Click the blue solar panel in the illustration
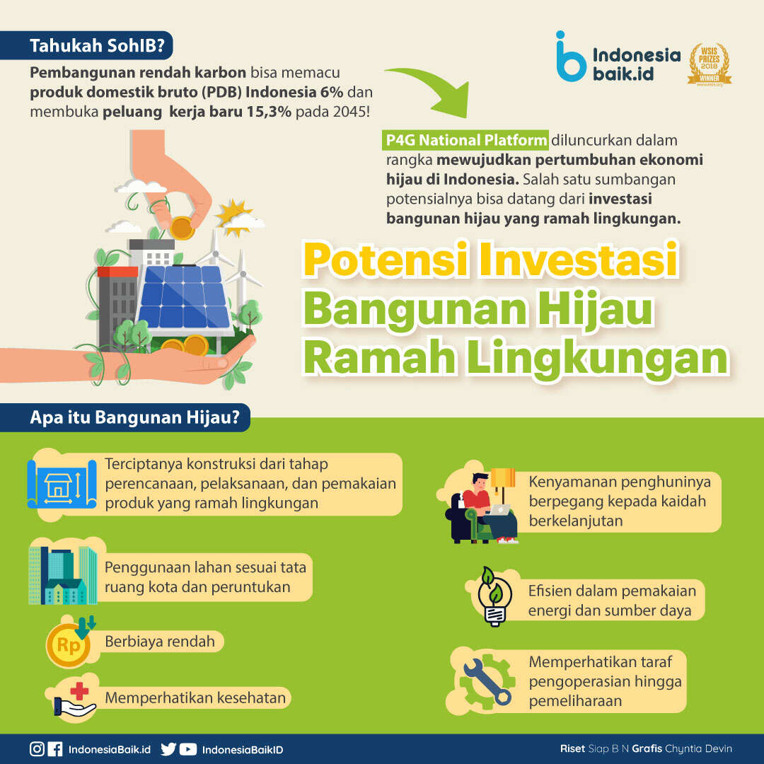(184, 297)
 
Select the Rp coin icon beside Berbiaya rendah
(69, 644)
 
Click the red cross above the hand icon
(79, 691)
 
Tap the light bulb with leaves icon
(494, 596)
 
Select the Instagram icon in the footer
(37, 749)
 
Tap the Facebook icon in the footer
(55, 749)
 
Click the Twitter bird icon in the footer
(168, 749)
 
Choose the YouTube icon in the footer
(188, 749)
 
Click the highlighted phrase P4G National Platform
(465, 140)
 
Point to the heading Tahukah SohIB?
(98, 45)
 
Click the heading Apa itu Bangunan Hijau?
(135, 417)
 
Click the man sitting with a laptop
(484, 507)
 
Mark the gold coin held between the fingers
(182, 228)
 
